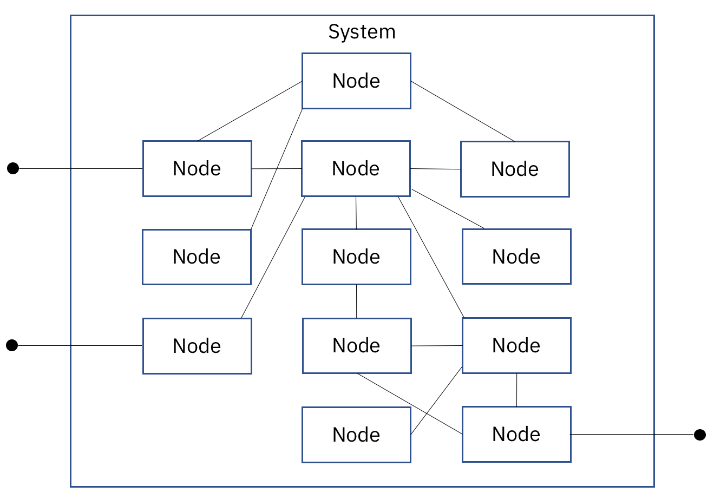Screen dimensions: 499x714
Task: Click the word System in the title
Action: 362,32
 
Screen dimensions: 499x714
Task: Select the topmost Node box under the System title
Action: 356,81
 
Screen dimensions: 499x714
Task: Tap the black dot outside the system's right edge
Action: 700,435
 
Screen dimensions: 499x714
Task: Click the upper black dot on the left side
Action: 13,168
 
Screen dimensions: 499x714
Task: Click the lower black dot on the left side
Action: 12,345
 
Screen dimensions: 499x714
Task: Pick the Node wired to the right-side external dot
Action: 516,434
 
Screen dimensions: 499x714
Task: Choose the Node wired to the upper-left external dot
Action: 197,168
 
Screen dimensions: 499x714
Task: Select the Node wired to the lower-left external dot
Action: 197,346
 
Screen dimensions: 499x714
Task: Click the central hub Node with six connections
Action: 356,168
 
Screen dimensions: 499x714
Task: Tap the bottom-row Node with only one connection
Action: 356,435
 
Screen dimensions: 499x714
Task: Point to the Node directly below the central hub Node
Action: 356,257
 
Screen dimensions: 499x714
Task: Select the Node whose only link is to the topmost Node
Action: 196,257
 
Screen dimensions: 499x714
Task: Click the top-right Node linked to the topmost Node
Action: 515,169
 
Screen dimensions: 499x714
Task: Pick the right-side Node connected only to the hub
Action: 516,257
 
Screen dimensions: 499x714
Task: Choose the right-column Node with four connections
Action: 516,345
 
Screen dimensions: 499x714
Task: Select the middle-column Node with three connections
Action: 357,345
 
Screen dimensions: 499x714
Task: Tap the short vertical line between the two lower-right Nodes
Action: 516,390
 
